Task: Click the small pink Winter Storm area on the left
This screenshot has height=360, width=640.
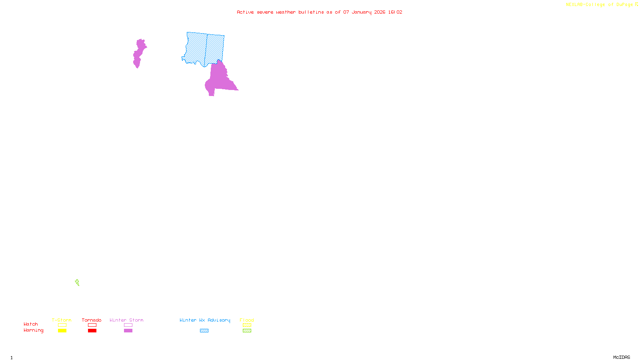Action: click(x=138, y=53)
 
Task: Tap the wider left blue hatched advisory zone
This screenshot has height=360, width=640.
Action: click(x=196, y=47)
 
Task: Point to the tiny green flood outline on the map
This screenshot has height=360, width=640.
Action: click(x=77, y=282)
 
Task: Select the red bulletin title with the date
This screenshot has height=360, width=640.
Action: click(x=319, y=12)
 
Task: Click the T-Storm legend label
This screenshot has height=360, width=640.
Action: click(x=62, y=320)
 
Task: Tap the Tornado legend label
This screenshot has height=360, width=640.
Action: click(x=92, y=320)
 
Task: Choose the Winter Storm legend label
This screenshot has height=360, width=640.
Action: click(x=126, y=320)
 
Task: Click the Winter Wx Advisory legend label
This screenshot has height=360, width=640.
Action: click(x=205, y=320)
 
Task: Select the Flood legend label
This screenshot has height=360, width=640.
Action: click(x=247, y=320)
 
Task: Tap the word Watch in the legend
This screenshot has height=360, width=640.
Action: click(x=31, y=324)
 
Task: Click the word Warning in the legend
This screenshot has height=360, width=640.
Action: click(x=34, y=330)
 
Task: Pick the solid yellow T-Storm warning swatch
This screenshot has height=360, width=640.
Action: click(x=62, y=331)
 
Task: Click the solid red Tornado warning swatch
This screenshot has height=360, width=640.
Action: click(x=92, y=331)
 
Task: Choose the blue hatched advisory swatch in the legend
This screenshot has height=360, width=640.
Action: click(x=204, y=331)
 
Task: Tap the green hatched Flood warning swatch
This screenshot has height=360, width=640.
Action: click(x=247, y=331)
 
